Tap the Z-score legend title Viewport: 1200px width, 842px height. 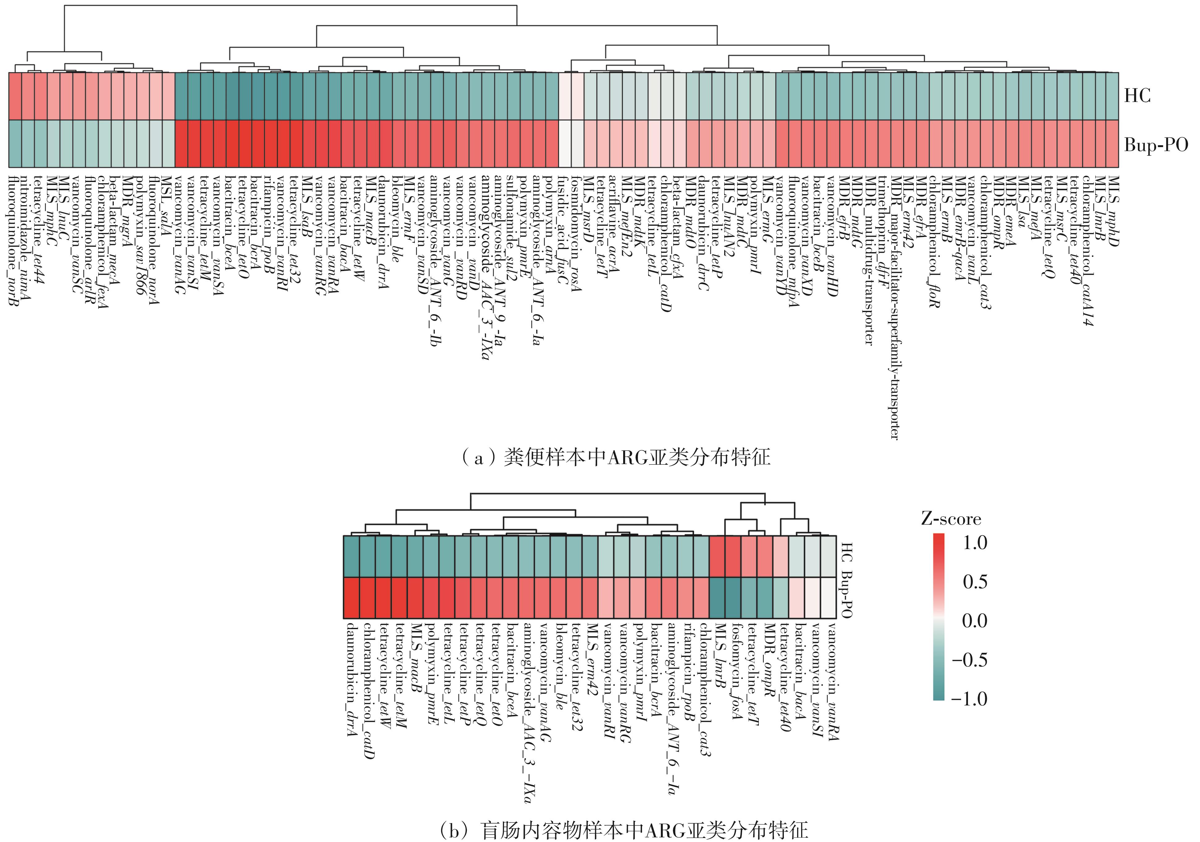tap(951, 519)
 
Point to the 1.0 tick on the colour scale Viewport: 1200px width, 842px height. tap(975, 543)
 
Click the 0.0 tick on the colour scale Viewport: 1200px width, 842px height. tap(975, 621)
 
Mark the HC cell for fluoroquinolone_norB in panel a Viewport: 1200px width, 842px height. tap(15, 96)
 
